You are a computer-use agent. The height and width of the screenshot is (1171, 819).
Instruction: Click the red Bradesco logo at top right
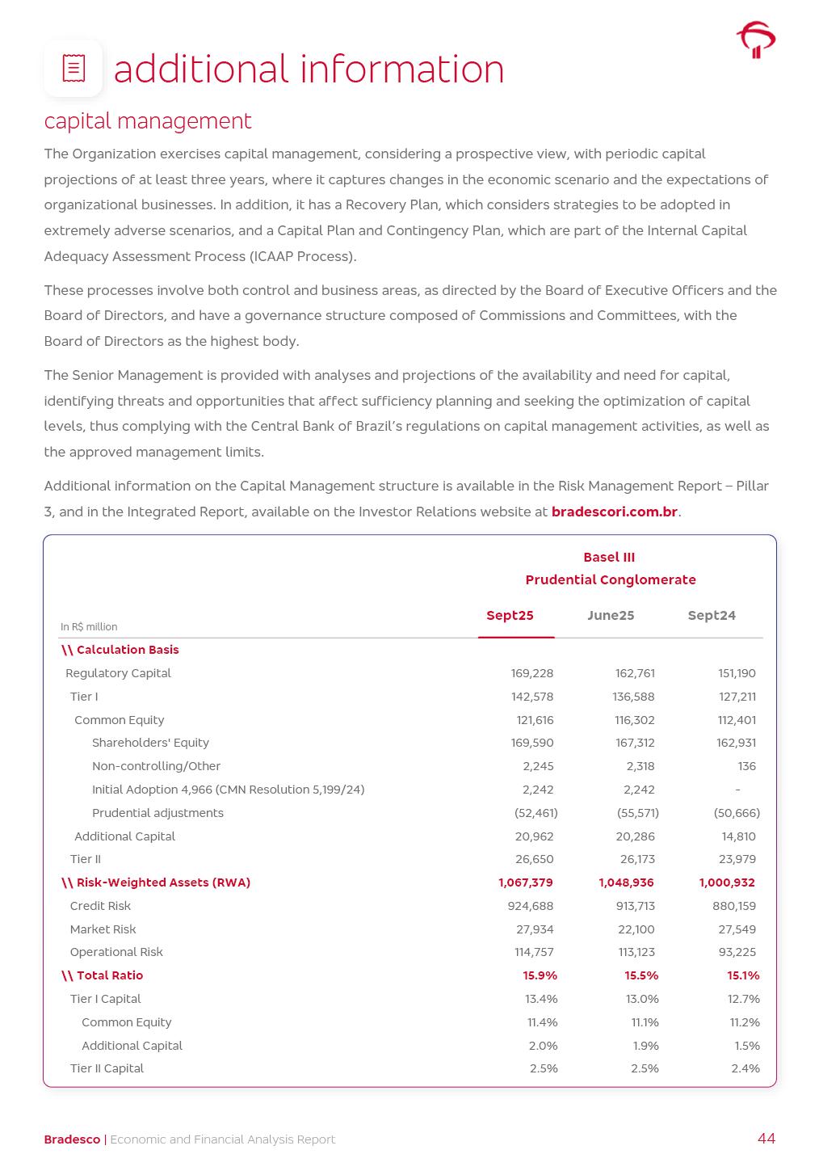[756, 40]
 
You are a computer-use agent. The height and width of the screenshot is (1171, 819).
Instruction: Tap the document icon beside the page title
[73, 69]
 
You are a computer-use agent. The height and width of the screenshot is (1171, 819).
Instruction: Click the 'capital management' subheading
[148, 121]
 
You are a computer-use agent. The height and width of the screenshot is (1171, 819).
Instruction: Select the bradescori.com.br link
[614, 512]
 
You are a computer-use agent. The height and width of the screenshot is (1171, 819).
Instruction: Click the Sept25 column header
[510, 616]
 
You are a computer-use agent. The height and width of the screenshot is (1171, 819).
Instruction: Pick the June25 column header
[611, 616]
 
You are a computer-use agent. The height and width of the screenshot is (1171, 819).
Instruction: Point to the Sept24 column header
[712, 616]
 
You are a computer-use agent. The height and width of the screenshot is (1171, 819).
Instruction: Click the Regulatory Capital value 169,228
[532, 673]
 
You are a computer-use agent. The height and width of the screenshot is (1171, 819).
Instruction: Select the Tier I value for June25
[633, 697]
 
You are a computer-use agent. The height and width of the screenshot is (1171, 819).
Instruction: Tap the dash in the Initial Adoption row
[737, 790]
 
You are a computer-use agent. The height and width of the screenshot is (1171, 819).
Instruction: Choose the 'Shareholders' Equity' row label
[150, 743]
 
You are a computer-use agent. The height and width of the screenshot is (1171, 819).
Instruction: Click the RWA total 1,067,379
[526, 882]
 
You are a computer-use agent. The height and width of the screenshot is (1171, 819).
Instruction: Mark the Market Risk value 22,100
[636, 929]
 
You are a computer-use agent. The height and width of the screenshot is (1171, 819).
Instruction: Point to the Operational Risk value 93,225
[737, 952]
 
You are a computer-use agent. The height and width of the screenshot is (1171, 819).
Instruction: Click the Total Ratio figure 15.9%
[540, 975]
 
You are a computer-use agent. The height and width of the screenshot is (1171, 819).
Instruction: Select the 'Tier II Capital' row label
[107, 1068]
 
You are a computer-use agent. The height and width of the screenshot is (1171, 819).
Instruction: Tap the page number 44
[766, 1139]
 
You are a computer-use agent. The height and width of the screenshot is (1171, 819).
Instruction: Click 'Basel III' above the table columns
[609, 558]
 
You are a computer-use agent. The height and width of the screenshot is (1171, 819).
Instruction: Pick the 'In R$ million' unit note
[89, 627]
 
